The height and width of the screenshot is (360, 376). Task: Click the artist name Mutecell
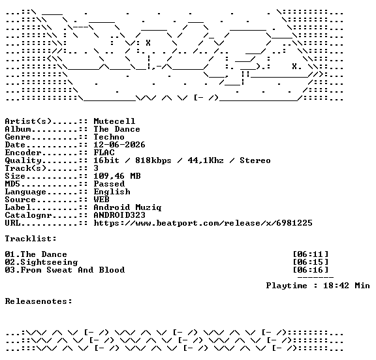114,121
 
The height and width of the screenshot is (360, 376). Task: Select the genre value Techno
109,137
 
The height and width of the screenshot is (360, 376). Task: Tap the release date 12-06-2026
119,145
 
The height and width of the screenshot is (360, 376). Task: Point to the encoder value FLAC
104,153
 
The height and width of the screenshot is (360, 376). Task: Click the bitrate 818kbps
153,160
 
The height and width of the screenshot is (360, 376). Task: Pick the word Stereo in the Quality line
255,160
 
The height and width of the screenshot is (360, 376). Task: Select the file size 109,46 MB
117,176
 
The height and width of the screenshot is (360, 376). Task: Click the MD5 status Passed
109,184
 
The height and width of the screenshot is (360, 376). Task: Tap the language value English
112,192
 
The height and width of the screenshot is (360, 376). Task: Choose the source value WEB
101,200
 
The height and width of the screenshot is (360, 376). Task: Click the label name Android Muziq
127,207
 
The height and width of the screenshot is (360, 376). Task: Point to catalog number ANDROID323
119,215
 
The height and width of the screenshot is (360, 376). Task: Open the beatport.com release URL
203,223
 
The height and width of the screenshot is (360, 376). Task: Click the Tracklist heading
31,239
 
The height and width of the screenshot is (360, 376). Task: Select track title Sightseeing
49,263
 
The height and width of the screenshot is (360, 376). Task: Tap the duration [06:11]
311,254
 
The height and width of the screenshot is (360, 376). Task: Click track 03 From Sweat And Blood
65,270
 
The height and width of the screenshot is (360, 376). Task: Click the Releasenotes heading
39,301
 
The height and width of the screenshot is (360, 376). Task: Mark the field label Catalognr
28,215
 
